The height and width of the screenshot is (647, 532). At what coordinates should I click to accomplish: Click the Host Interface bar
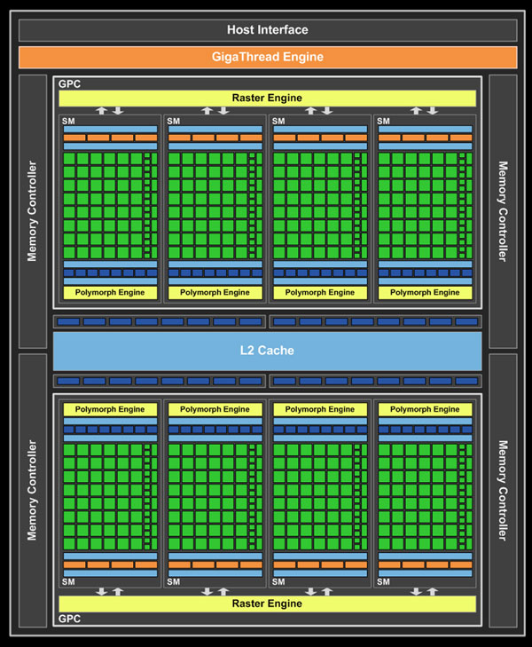[267, 29]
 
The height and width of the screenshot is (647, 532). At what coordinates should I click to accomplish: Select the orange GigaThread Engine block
[267, 58]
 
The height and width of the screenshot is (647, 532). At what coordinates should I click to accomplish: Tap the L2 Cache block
[267, 351]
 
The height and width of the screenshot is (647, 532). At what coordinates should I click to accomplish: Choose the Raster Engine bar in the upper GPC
[267, 98]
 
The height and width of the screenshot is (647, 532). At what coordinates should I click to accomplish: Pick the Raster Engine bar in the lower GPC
[267, 604]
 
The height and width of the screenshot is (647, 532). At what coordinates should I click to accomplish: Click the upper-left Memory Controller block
[33, 211]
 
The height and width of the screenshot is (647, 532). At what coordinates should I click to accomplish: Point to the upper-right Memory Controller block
[502, 211]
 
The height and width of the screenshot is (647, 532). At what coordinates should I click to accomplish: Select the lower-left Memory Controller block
[33, 490]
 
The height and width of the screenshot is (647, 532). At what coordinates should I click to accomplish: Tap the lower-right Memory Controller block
[502, 490]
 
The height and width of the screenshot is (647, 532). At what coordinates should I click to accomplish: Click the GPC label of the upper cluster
[69, 84]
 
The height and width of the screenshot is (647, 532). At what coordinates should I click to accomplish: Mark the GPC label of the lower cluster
[69, 618]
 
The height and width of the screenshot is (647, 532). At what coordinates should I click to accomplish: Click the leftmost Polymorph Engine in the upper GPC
[110, 292]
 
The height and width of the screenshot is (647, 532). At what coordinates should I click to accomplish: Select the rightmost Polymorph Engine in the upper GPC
[425, 292]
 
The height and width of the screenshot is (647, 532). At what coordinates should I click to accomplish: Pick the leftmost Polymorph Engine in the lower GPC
[110, 409]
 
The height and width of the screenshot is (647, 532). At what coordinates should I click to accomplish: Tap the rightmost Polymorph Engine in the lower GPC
[425, 409]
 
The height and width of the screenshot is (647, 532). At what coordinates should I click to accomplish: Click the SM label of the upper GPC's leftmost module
[69, 122]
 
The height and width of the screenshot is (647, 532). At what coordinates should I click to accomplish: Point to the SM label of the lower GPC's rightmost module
[383, 581]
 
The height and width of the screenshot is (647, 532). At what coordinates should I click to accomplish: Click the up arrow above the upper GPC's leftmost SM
[102, 111]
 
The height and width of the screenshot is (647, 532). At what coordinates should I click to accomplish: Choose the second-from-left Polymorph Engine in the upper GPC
[215, 292]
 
